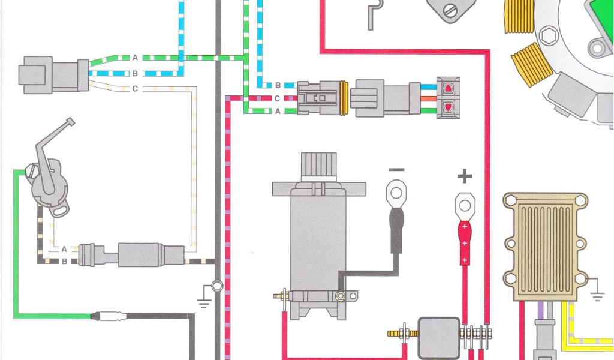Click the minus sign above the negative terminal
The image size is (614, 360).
395,171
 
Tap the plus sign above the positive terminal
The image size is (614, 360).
464,176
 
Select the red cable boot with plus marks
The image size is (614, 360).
465,243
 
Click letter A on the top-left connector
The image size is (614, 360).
135,58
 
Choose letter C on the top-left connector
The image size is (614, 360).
135,89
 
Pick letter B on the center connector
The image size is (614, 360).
278,85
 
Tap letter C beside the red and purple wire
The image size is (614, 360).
278,98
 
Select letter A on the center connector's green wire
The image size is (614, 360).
278,111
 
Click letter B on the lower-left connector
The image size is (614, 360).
64,261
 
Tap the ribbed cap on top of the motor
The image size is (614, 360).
318,166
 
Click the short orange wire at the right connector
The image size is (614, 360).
427,98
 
